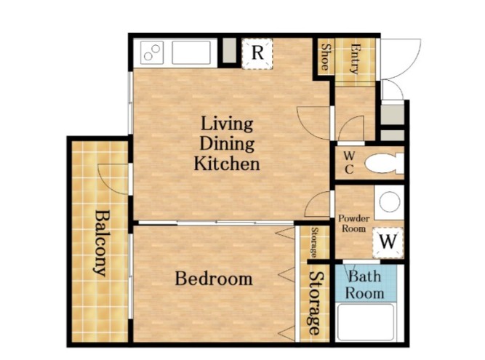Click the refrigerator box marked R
tap(257, 54)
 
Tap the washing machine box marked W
tap(388, 243)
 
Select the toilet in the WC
tap(384, 164)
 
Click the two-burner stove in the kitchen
tap(152, 52)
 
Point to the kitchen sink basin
tap(191, 52)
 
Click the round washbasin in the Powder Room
tap(390, 202)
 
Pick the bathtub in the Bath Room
tap(366, 322)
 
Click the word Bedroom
tap(214, 279)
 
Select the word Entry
tap(356, 59)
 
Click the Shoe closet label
tap(326, 57)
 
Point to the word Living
tap(227, 124)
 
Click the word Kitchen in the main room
tap(227, 164)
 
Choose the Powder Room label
tap(354, 223)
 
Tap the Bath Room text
tap(365, 284)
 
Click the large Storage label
tap(315, 303)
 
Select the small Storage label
tap(314, 242)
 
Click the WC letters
tap(349, 163)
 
